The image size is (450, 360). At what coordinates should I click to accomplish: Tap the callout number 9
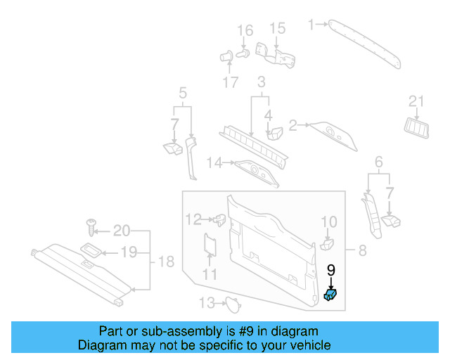330,269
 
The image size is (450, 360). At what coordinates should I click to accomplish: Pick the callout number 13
206,303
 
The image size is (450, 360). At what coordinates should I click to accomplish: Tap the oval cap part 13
231,304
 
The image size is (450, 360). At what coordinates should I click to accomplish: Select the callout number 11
210,274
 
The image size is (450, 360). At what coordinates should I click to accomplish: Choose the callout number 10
329,222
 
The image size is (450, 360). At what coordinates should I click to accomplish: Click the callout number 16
245,30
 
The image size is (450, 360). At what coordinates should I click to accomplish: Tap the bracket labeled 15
275,49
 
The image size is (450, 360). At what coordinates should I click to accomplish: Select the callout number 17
231,82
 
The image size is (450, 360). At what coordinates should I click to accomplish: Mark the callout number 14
214,163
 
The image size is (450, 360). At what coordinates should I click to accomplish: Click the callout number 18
165,262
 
